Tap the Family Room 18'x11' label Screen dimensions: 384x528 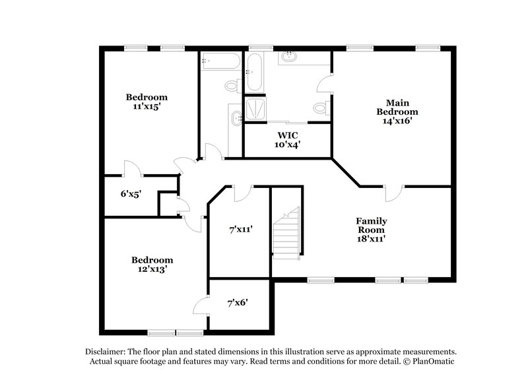(372, 230)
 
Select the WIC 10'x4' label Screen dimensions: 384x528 (287, 139)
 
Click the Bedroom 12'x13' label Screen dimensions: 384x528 (152, 265)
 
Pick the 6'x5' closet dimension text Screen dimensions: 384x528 (130, 194)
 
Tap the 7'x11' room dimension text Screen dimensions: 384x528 (240, 229)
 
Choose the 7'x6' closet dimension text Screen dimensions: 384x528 (237, 303)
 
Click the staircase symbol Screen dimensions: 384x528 (287, 230)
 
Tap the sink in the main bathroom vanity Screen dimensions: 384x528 (288, 58)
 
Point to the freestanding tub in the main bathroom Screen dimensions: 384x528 (255, 73)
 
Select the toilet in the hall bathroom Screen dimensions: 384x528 (232, 85)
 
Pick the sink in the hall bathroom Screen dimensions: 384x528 (236, 119)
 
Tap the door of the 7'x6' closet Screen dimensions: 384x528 (201, 305)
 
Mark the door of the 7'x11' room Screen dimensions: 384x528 (243, 192)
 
